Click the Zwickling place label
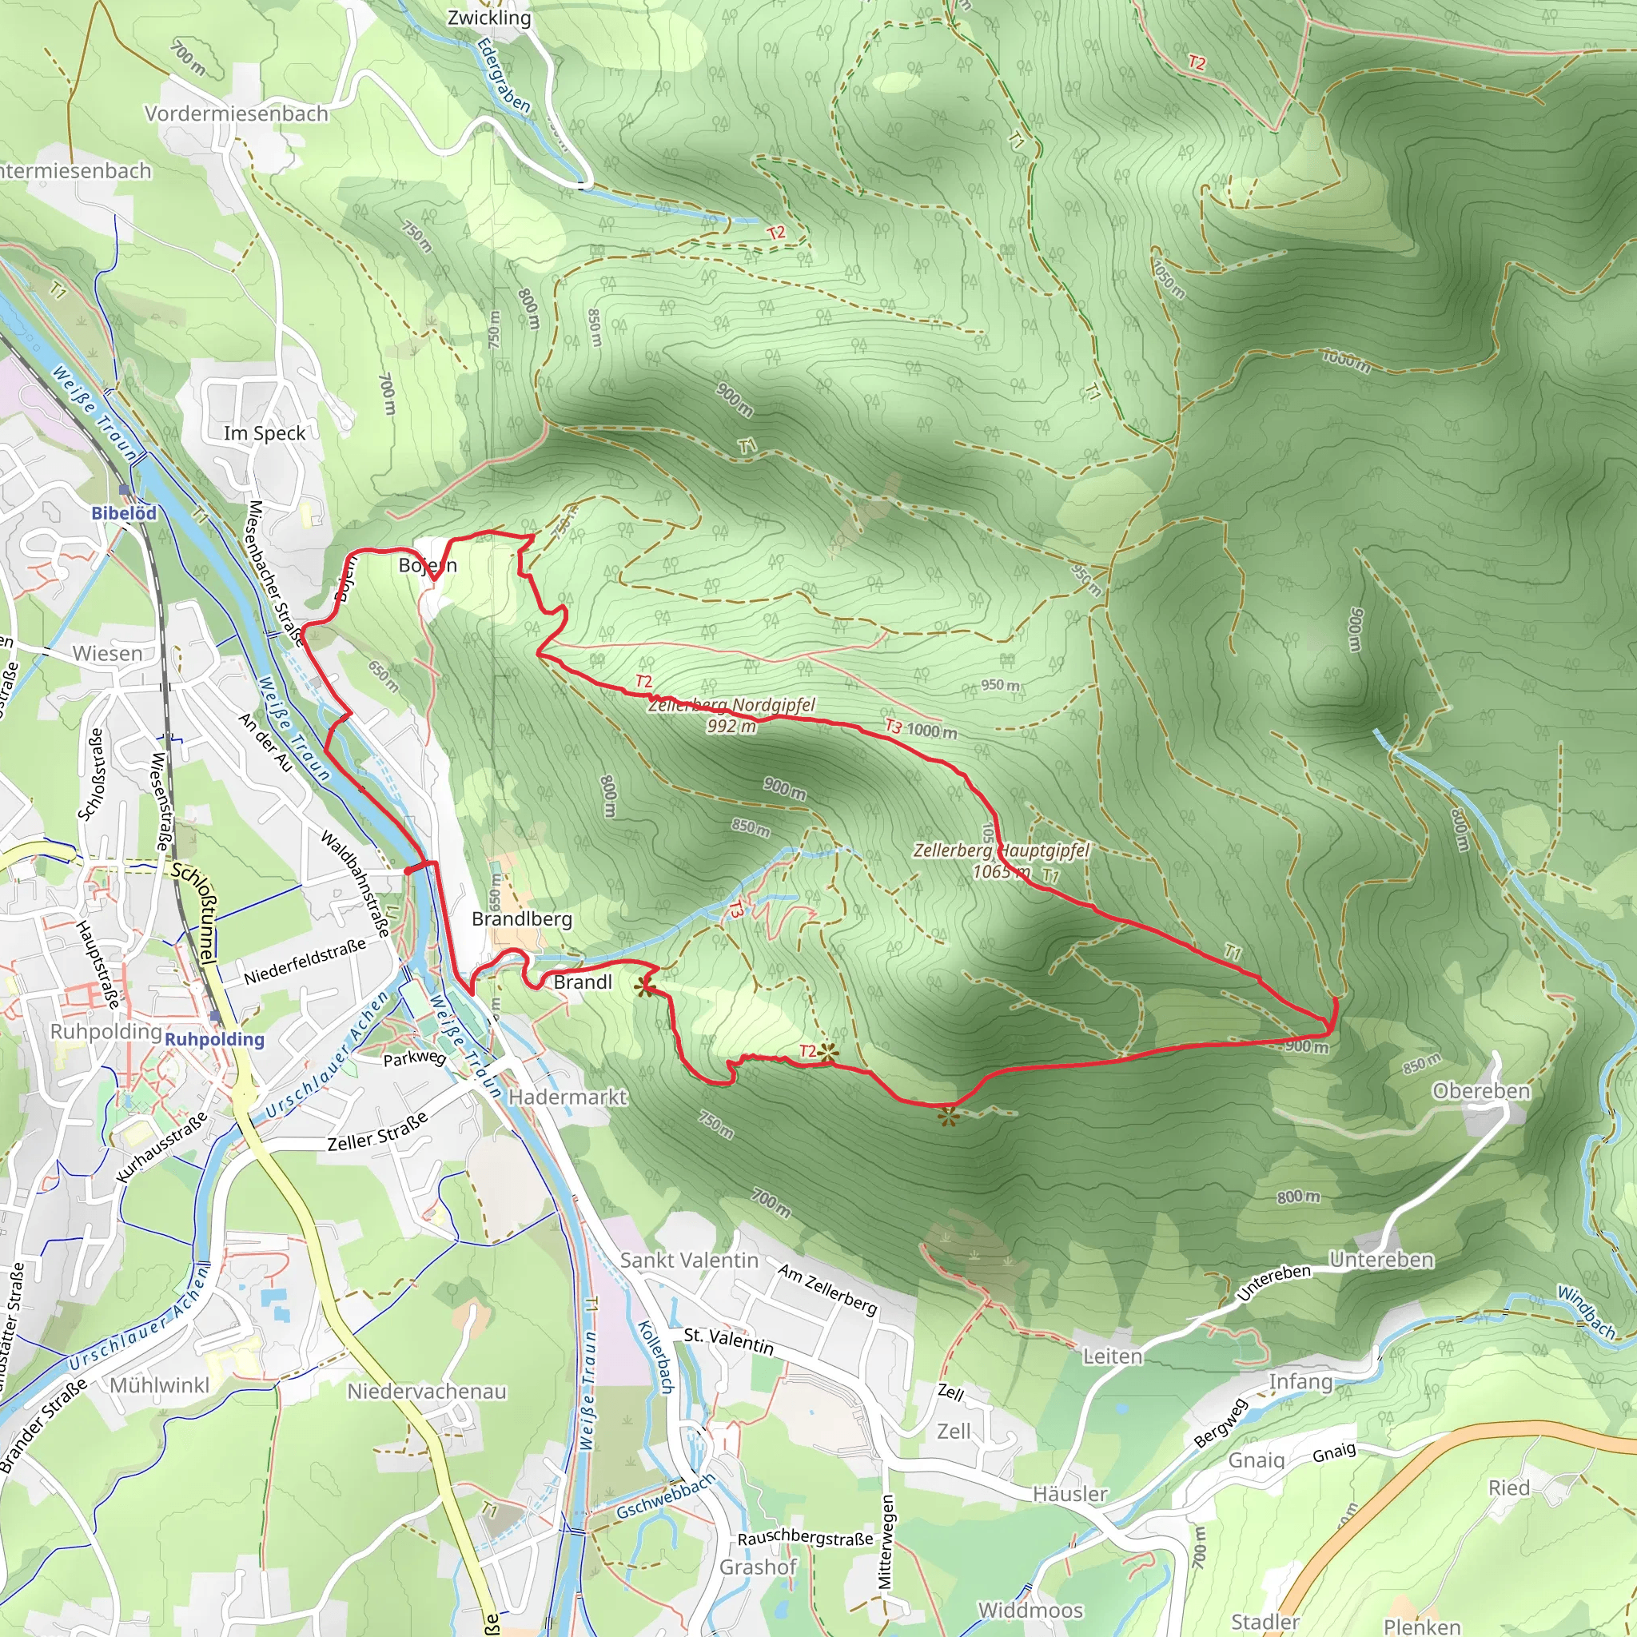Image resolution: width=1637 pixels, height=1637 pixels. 489,18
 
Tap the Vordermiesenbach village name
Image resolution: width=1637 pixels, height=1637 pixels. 237,114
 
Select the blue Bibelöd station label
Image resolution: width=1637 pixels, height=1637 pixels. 124,512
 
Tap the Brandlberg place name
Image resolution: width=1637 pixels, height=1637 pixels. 522,919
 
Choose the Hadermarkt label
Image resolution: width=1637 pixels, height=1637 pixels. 567,1097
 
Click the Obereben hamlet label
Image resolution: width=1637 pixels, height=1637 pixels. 1481,1091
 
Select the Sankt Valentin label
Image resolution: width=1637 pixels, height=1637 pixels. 689,1261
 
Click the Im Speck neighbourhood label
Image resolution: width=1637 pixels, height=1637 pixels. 265,434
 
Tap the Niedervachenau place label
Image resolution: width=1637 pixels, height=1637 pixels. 427,1392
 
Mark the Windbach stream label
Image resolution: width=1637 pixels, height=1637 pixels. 1586,1312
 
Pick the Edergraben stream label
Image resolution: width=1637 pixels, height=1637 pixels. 504,76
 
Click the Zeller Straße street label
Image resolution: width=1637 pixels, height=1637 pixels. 378,1132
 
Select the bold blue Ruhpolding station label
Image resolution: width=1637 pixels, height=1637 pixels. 214,1040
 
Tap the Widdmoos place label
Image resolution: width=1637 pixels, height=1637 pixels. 1030,1610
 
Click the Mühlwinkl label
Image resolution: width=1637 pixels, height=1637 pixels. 159,1385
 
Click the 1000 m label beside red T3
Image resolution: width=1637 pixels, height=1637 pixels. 932,731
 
